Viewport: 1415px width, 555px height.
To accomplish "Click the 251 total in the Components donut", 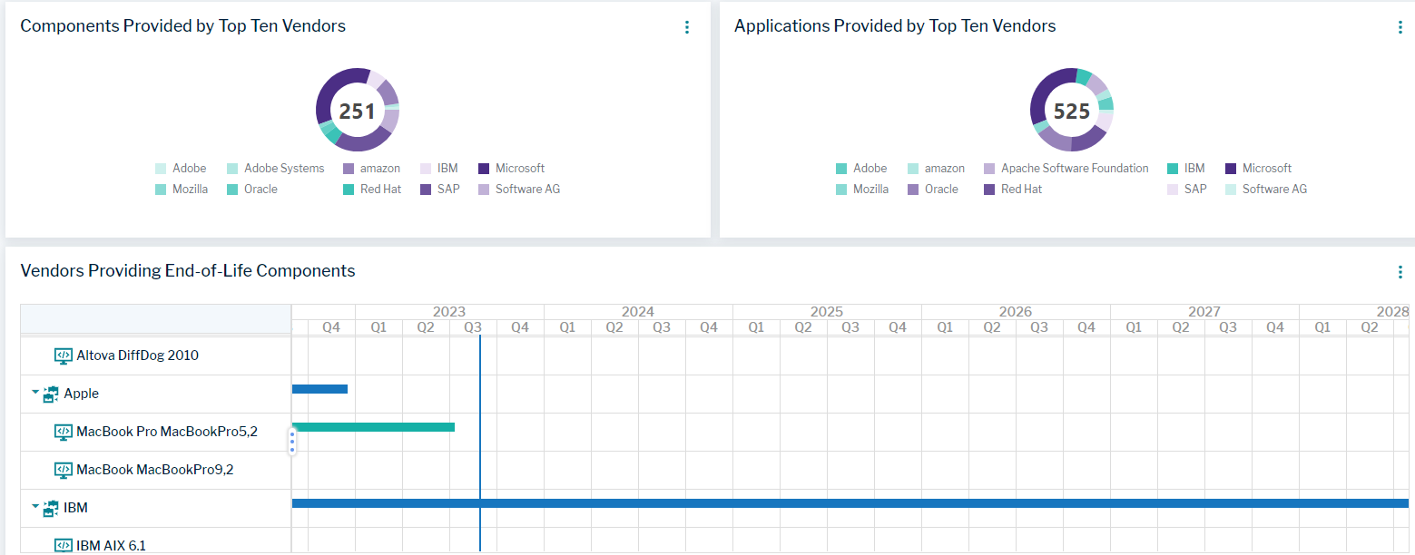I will coord(357,111).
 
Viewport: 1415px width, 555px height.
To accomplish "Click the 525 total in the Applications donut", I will coord(1071,111).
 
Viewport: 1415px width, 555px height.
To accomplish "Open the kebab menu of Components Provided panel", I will coord(687,27).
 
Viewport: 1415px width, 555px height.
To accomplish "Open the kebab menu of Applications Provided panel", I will coord(1400,27).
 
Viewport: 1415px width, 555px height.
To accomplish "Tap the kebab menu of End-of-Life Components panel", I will coord(1400,272).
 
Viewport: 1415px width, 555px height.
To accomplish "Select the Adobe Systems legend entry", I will coord(283,169).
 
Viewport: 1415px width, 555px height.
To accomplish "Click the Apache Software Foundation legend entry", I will coord(1074,169).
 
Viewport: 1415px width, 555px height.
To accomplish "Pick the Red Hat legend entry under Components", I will coord(380,190).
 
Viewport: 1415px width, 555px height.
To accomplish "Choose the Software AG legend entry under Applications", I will coord(1273,190).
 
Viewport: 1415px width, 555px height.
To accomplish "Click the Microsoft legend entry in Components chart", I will coord(519,169).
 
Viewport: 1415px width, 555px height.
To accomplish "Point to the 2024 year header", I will coord(638,311).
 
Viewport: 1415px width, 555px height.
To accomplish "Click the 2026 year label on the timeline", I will coord(1016,311).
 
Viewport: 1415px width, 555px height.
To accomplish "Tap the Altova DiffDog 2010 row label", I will coord(137,355).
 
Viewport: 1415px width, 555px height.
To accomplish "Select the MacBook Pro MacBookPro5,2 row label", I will coord(166,432).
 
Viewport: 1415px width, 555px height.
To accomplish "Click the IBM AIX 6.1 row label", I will coord(111,546).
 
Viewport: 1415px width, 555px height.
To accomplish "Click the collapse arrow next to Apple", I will coord(35,393).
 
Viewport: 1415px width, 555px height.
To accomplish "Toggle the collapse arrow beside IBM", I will coord(35,507).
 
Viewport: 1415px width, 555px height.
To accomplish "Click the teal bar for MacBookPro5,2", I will coord(373,427).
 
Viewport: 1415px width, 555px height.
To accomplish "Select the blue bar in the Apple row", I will coord(319,389).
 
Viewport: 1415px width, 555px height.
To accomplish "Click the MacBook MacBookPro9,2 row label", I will coord(154,470).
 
